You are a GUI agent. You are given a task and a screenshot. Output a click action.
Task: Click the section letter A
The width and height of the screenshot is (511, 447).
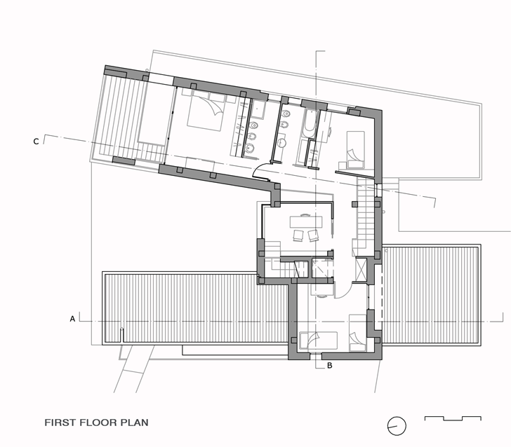pos(72,319)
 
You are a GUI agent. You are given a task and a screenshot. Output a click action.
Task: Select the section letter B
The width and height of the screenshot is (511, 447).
pos(329,365)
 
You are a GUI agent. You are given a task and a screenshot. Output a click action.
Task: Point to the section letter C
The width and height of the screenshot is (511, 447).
pos(36,142)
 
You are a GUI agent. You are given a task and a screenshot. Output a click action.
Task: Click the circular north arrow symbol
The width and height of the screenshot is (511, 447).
pos(397,425)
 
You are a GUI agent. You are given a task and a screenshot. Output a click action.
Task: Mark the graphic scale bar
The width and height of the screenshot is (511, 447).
pos(453,418)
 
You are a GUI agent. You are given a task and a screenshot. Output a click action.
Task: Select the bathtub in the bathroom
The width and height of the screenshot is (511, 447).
pos(310,123)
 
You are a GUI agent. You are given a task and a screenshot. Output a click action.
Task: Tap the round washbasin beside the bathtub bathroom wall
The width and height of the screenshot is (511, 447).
pos(281,142)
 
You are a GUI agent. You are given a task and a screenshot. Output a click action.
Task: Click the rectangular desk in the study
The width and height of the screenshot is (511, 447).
pos(306,222)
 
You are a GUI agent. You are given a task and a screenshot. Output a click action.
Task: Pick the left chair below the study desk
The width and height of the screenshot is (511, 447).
pos(298,235)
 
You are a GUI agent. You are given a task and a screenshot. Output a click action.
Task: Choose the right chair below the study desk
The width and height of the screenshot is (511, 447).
pos(313,235)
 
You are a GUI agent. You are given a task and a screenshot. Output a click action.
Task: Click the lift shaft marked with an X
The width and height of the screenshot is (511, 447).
pos(361,269)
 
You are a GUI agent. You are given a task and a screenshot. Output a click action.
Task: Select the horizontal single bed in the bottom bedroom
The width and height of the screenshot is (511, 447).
pos(319,341)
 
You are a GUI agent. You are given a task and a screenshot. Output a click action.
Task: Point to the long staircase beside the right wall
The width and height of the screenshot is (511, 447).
pos(366,213)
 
